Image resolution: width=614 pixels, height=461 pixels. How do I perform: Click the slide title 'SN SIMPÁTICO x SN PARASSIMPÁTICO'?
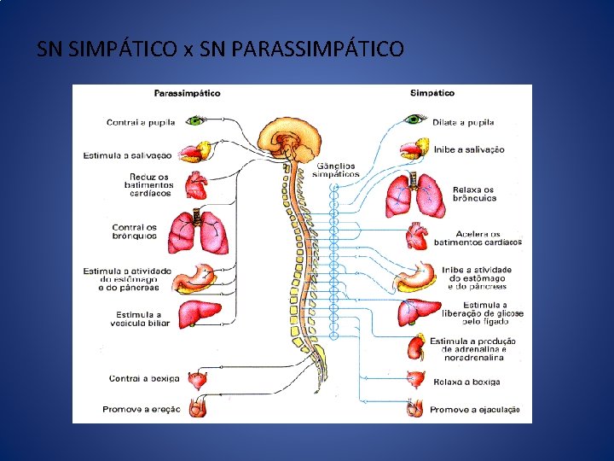point(221,50)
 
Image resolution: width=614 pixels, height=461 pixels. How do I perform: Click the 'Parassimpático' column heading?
point(187,93)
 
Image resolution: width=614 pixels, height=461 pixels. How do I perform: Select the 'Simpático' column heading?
point(432,93)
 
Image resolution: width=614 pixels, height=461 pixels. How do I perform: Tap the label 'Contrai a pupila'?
point(141,122)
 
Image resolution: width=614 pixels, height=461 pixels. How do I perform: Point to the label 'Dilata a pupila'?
point(463,122)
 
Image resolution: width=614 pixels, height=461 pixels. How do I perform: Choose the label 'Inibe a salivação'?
point(469,149)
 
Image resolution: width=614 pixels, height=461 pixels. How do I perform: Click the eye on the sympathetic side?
point(415,119)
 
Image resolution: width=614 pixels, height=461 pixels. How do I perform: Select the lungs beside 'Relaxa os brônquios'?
point(414,195)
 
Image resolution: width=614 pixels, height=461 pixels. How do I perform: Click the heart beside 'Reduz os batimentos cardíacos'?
point(197,185)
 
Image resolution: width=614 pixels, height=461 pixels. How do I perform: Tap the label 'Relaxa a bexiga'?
point(466,382)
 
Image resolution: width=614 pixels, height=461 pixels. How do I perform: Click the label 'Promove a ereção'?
point(142,410)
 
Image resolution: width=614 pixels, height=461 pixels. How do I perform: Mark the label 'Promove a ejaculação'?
point(475,410)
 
